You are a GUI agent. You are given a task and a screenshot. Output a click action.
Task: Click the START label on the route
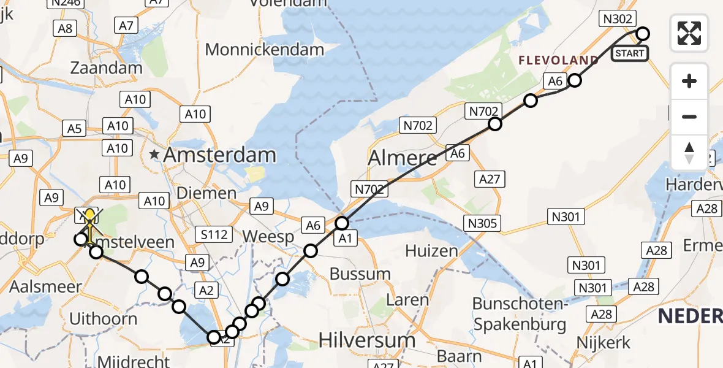[x=629, y=53]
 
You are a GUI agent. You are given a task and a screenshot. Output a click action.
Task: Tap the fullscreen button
[x=689, y=33]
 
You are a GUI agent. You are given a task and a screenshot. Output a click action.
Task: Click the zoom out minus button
[x=689, y=117]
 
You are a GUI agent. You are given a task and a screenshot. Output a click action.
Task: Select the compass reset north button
[x=689, y=152]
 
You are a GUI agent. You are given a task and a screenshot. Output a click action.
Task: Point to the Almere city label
[x=403, y=158]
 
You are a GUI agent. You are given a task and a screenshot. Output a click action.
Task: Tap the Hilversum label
[x=368, y=339]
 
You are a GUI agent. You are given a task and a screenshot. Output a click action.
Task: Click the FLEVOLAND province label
[x=558, y=60]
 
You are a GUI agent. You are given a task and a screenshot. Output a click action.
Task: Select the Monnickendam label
[x=264, y=49]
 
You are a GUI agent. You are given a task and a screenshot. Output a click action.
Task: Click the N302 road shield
[x=618, y=19]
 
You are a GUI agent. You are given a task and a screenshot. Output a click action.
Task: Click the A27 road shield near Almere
[x=489, y=178]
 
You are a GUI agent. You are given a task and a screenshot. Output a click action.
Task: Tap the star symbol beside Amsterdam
[x=155, y=155]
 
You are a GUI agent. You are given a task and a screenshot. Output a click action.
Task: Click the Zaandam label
[x=107, y=67]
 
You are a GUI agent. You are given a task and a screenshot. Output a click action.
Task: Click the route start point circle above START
[x=642, y=33]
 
